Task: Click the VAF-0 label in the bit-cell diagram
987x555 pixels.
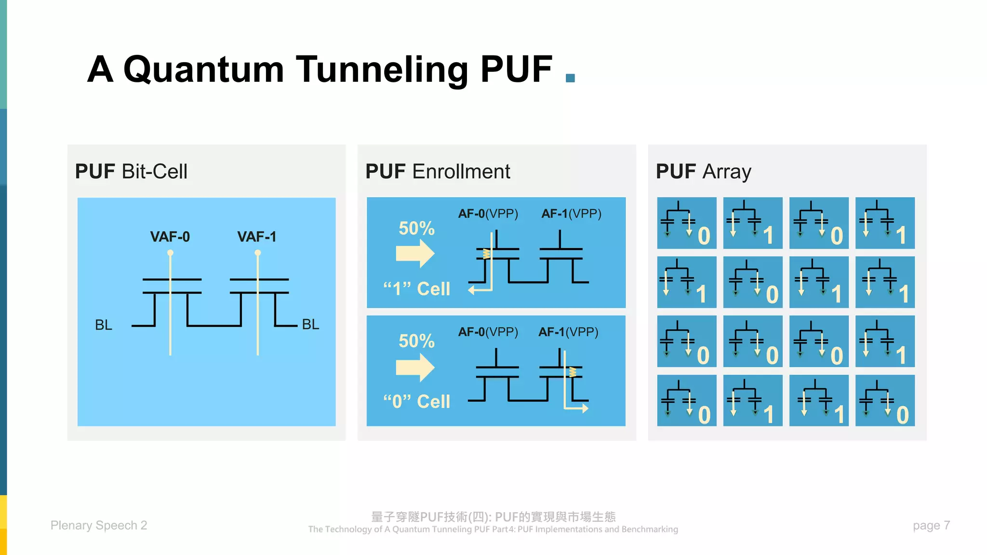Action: coord(170,237)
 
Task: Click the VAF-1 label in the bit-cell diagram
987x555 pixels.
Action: coord(256,237)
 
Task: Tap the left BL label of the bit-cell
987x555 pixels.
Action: coord(103,325)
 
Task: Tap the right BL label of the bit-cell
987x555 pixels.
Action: coord(310,324)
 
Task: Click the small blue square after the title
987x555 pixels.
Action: coord(570,78)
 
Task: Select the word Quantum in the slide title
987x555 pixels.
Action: coord(204,69)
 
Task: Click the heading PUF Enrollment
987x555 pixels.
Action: coord(437,172)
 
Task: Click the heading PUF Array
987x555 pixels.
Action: coord(703,172)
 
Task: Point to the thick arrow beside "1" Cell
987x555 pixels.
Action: coord(415,253)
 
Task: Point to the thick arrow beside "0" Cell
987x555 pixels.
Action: coord(415,368)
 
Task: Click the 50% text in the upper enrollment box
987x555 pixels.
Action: coord(416,228)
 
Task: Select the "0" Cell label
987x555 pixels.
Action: coord(416,401)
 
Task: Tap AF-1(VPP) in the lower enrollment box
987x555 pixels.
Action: coord(568,332)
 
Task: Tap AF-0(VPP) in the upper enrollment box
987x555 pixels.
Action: coord(488,213)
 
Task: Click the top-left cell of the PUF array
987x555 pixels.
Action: coord(686,223)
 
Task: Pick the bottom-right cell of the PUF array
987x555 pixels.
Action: coord(885,400)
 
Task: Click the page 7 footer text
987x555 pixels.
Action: coord(931,525)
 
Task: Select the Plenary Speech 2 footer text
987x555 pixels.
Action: coord(99,525)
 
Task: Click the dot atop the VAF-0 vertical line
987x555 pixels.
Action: coord(170,252)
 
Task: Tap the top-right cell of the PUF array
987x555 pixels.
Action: coord(885,223)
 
